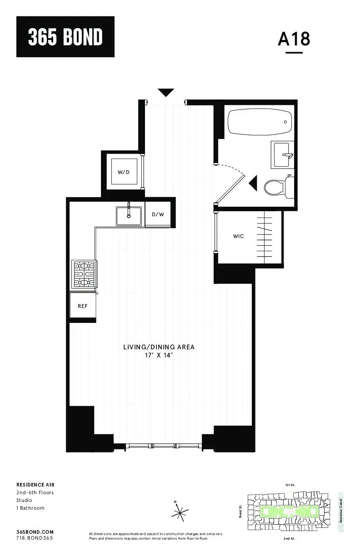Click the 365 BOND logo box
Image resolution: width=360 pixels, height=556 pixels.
[65, 37]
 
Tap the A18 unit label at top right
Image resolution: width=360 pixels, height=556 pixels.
[294, 39]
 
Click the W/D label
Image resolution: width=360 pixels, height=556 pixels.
[124, 172]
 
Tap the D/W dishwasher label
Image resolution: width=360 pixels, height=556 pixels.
[158, 214]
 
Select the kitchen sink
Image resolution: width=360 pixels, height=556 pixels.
[129, 215]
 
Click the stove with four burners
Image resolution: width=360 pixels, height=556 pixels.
[84, 274]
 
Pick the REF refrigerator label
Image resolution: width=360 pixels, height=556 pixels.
[82, 306]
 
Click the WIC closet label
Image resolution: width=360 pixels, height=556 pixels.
[238, 236]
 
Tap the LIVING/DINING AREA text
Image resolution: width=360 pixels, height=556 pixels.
[159, 347]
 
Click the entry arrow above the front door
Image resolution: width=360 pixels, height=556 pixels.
[166, 93]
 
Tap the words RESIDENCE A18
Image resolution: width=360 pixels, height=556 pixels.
[35, 485]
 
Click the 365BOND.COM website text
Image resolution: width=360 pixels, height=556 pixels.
[35, 531]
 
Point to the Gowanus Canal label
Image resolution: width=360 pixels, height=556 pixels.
[341, 511]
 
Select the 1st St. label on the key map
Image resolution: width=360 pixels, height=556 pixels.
[290, 485]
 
